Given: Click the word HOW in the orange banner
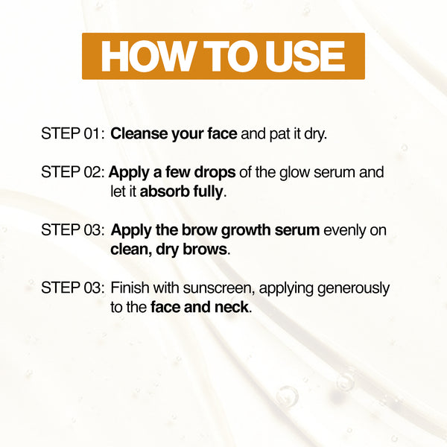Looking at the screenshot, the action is (147, 56).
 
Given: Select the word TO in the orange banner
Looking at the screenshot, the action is (231, 56).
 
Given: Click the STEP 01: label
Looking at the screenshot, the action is (73, 133).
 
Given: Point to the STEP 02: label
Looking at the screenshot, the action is (73, 172).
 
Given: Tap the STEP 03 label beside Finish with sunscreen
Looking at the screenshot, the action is (73, 288).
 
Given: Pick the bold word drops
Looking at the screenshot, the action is (215, 173).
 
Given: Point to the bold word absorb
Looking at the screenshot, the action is (165, 191).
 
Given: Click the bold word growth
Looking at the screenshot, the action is (246, 230).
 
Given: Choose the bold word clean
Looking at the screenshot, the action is (131, 250).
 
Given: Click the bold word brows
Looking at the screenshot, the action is (205, 250).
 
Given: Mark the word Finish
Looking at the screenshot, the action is (130, 288).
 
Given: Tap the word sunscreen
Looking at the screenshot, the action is (218, 288).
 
